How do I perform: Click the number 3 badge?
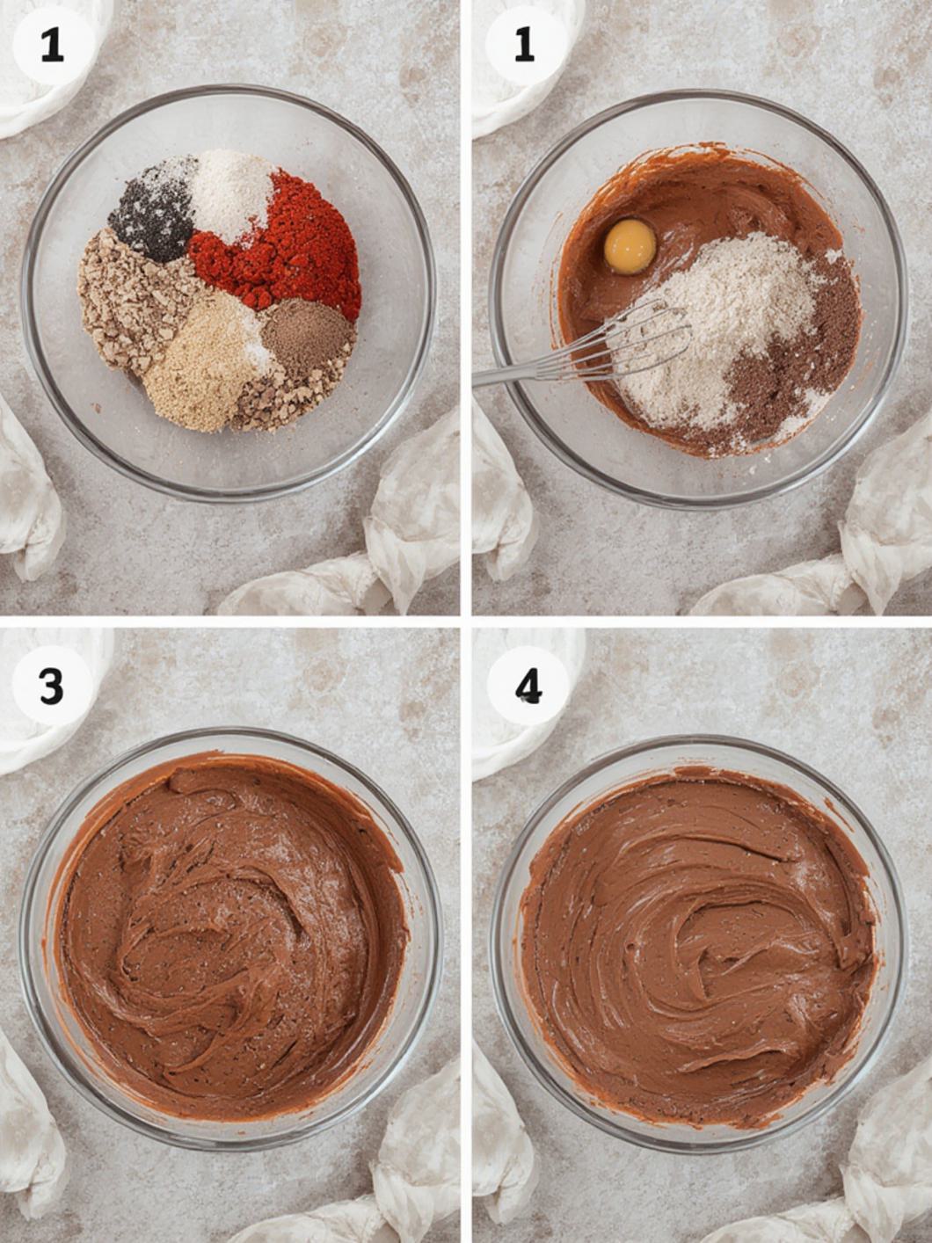[52, 686]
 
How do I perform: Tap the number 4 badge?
[528, 686]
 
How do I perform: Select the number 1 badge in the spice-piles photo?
[52, 44]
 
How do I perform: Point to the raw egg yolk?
[630, 246]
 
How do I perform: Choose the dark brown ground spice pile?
[303, 338]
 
